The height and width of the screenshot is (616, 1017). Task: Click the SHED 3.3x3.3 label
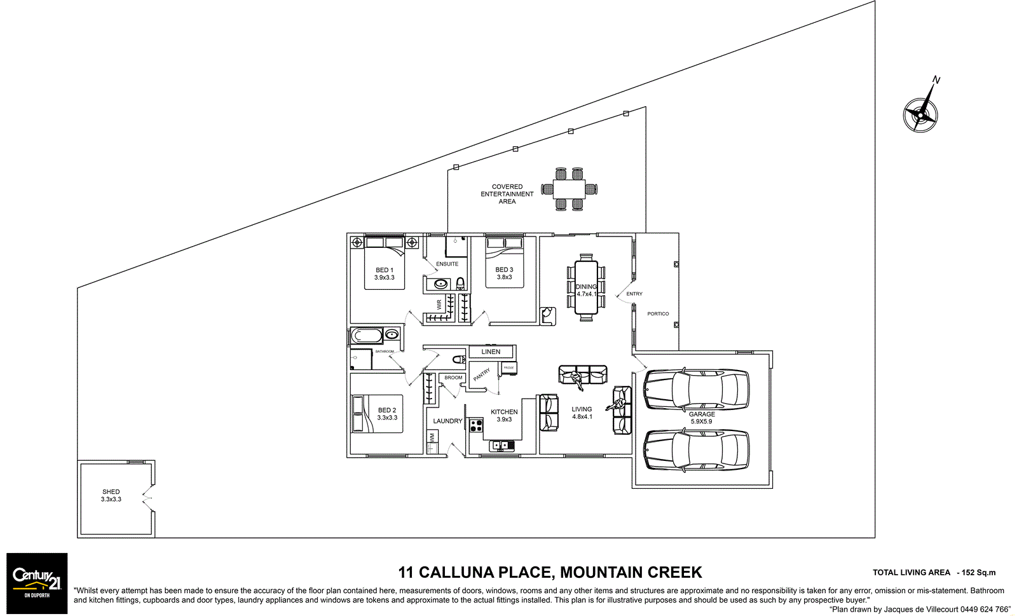(111, 495)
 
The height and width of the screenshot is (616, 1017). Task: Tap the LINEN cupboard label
(491, 352)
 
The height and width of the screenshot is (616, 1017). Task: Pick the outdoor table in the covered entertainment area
(569, 189)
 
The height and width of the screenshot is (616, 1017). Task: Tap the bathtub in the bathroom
(367, 335)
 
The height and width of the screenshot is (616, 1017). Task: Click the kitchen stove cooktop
(476, 425)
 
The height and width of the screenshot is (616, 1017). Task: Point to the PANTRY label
(482, 374)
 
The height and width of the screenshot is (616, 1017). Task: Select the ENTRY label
(634, 294)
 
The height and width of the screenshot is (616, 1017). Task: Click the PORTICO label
(658, 313)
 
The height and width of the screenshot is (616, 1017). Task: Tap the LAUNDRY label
(447, 421)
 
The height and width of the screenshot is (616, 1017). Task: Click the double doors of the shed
(148, 499)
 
